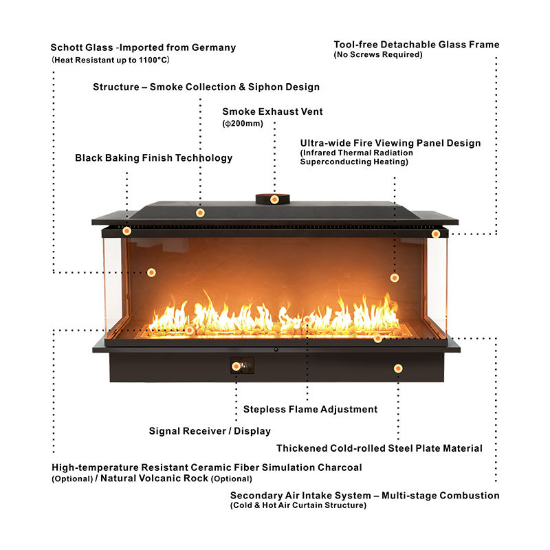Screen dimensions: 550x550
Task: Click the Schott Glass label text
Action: [143, 48]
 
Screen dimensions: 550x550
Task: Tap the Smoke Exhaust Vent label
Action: [272, 111]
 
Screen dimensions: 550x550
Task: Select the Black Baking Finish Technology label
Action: [153, 158]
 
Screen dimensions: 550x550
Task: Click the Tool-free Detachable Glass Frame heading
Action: [417, 45]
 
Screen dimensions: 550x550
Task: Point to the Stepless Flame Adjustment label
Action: [310, 409]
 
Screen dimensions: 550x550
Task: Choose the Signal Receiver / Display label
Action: [210, 431]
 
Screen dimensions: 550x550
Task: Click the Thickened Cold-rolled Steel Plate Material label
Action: [379, 448]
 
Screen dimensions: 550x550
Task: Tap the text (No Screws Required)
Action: [378, 55]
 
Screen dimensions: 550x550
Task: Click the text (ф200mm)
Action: [243, 124]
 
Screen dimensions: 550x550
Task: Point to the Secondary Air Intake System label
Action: [364, 495]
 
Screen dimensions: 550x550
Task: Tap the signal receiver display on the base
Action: [242, 366]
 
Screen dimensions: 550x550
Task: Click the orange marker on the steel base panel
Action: [398, 368]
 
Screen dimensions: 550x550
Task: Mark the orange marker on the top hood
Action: [200, 212]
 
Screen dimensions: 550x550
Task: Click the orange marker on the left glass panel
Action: [151, 272]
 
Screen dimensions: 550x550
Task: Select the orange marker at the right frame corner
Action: [436, 234]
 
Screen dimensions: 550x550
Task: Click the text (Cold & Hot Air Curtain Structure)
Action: [298, 506]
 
